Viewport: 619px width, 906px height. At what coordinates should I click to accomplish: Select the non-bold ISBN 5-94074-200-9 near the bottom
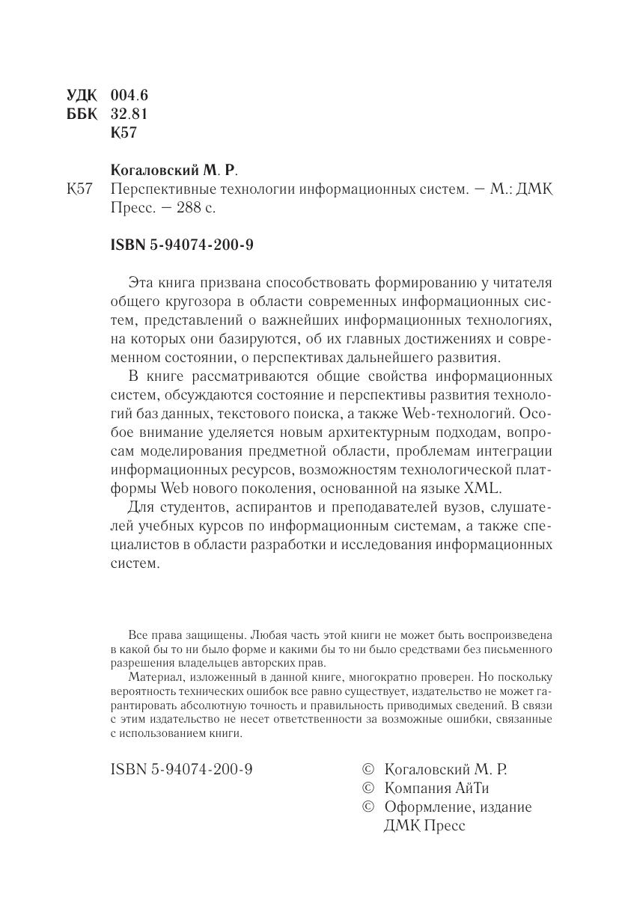pyautogui.click(x=181, y=768)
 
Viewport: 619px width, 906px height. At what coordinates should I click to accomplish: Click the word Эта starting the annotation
pyautogui.click(x=142, y=282)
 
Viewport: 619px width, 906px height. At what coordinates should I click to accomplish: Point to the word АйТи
pyautogui.click(x=471, y=788)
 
